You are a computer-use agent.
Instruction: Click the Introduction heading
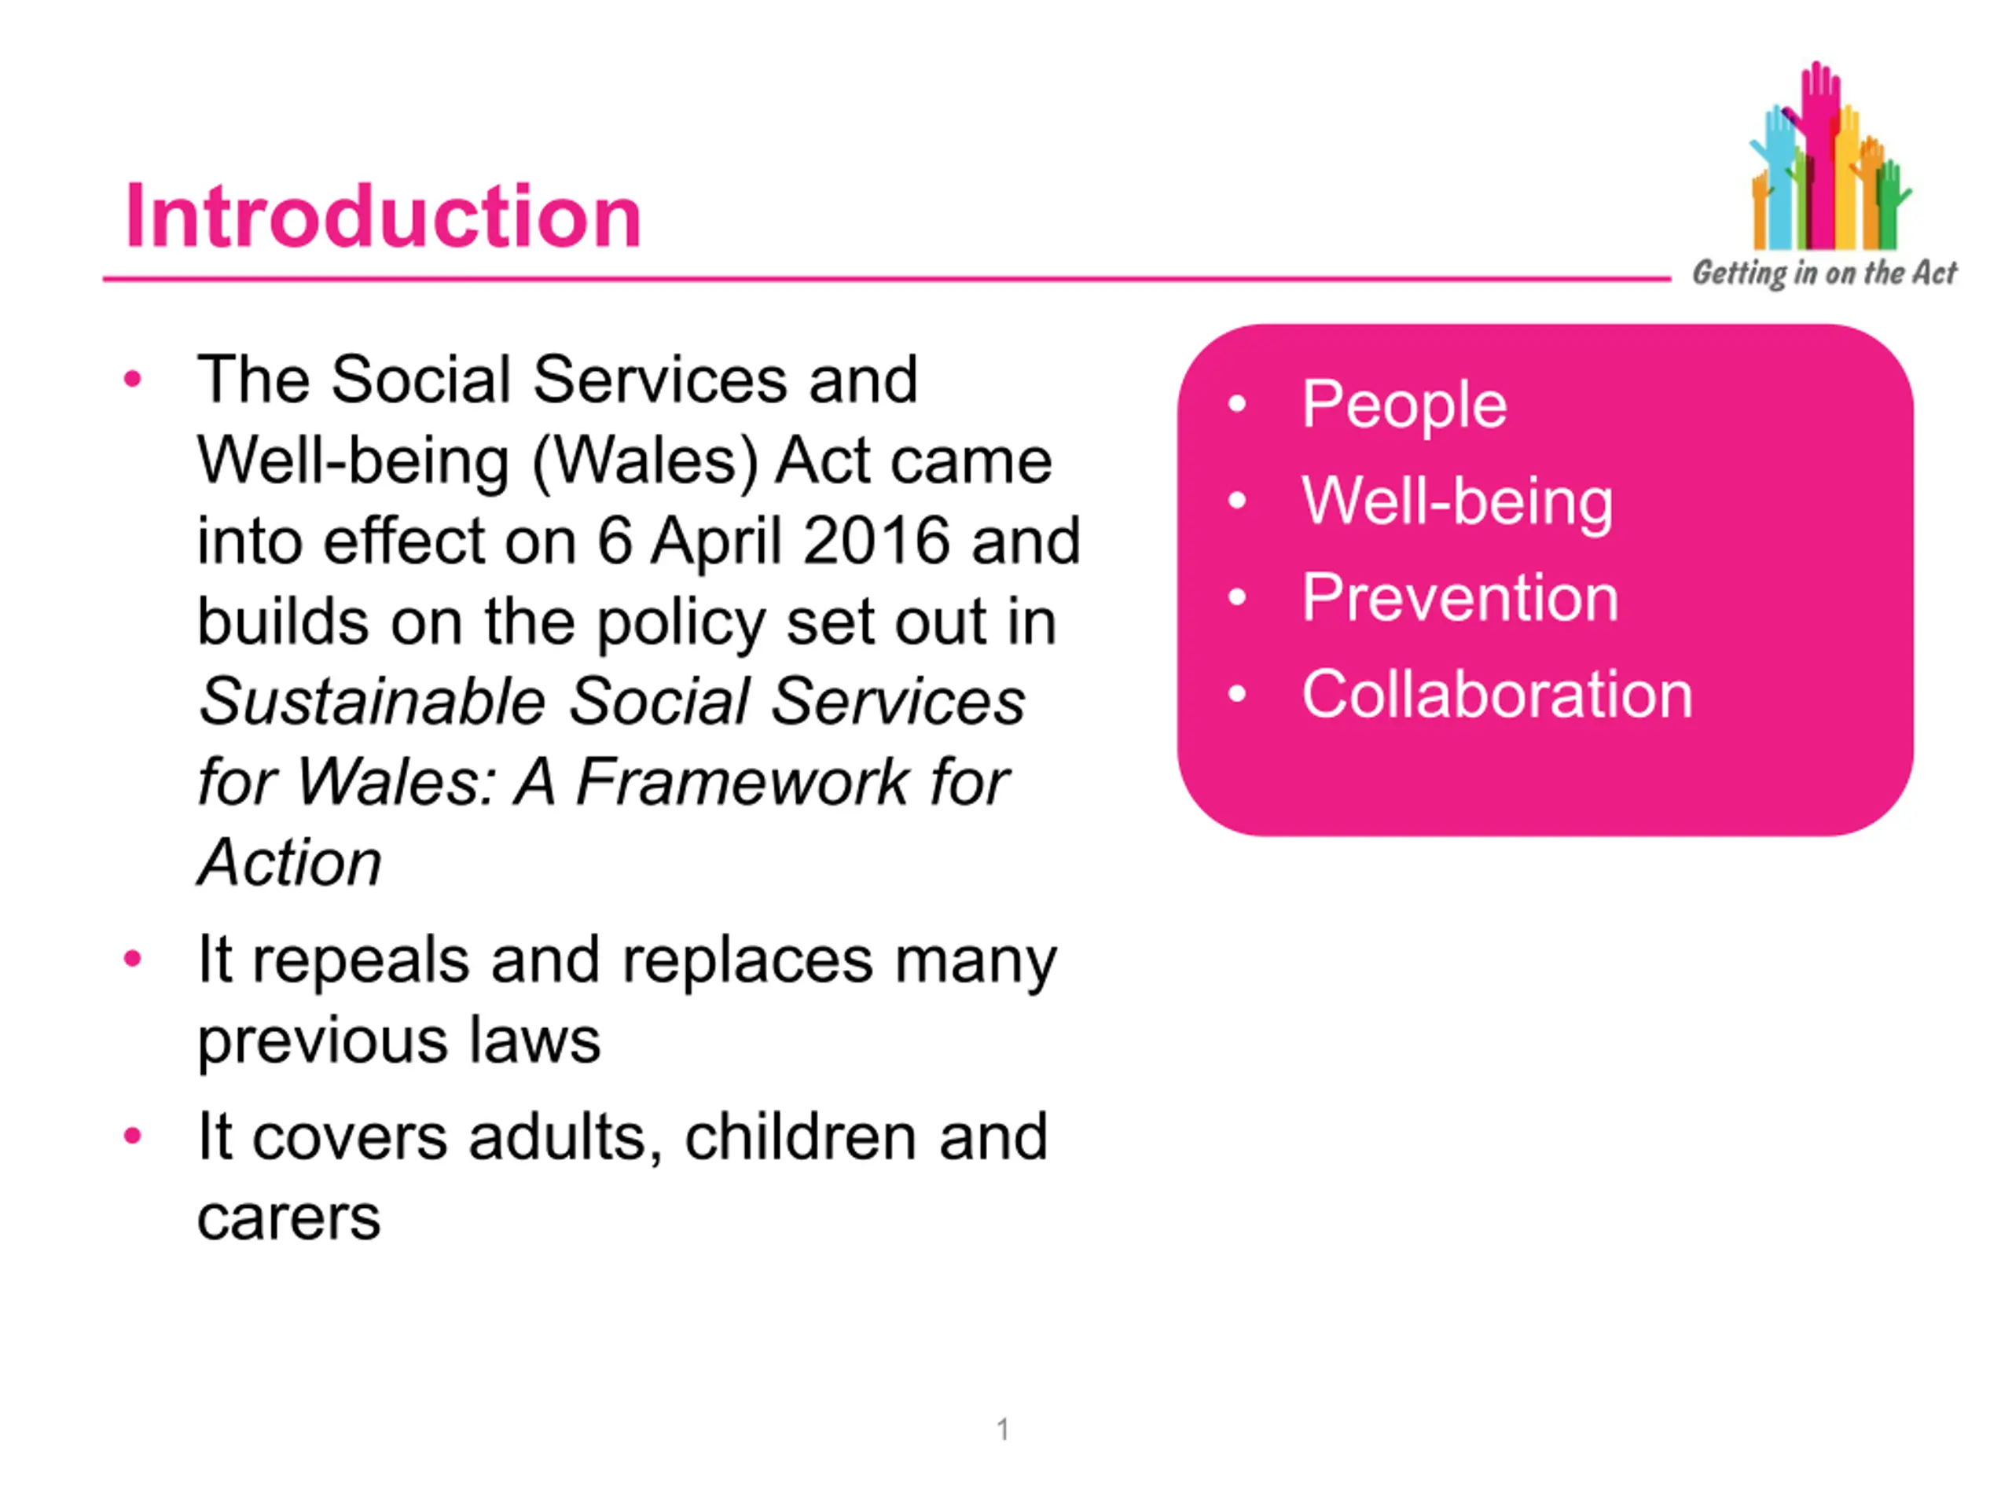[x=383, y=215]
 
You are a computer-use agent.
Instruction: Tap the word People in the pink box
[x=1404, y=405]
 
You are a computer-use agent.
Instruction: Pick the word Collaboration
[x=1497, y=695]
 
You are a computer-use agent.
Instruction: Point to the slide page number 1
[x=1002, y=1429]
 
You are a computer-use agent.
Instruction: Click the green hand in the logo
[x=1890, y=204]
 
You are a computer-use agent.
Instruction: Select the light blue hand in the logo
[x=1775, y=173]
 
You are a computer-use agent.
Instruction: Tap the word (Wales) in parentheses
[x=645, y=462]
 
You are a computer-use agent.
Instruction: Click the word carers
[x=288, y=1218]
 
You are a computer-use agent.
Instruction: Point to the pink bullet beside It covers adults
[x=133, y=1136]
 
